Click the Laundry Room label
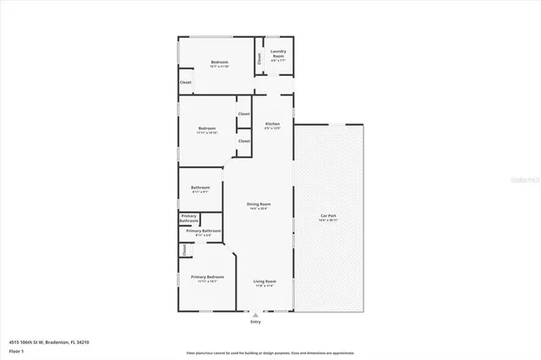click(x=278, y=55)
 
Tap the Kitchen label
click(x=272, y=126)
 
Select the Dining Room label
click(x=259, y=206)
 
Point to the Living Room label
click(x=265, y=283)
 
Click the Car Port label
click(x=328, y=216)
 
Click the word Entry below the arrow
click(x=255, y=322)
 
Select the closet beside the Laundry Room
click(x=260, y=58)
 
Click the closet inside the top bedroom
click(x=185, y=83)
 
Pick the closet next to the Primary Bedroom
click(x=183, y=248)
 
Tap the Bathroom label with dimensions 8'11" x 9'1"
click(x=200, y=189)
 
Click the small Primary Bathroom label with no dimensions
click(x=189, y=218)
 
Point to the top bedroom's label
click(x=220, y=64)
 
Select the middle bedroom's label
click(x=207, y=130)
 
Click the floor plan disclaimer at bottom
click(x=270, y=352)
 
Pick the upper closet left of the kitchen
click(x=243, y=113)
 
